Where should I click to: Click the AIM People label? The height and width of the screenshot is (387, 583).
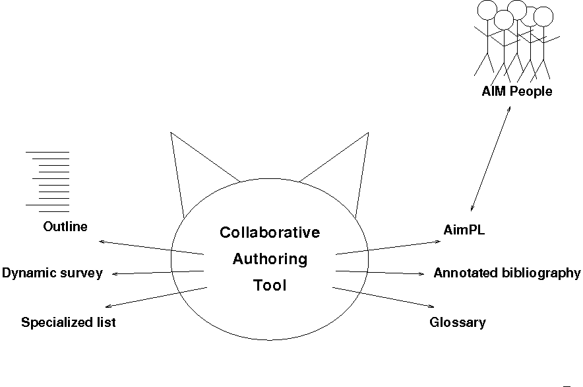[516, 92]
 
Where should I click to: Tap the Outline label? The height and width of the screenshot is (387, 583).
[65, 227]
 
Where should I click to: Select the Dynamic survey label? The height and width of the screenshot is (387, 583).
[52, 273]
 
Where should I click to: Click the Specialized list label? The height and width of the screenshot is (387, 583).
[69, 322]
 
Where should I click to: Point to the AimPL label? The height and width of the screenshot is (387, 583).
[464, 230]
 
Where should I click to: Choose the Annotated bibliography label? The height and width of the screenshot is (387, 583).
[506, 273]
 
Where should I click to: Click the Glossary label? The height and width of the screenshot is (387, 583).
[457, 322]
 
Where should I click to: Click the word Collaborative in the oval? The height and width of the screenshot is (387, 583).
[270, 232]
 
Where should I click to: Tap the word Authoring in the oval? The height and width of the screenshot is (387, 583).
[270, 259]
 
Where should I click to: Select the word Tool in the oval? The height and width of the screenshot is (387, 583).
[270, 286]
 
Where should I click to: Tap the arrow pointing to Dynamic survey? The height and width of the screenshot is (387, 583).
[158, 272]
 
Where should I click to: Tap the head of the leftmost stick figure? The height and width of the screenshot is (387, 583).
[486, 10]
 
